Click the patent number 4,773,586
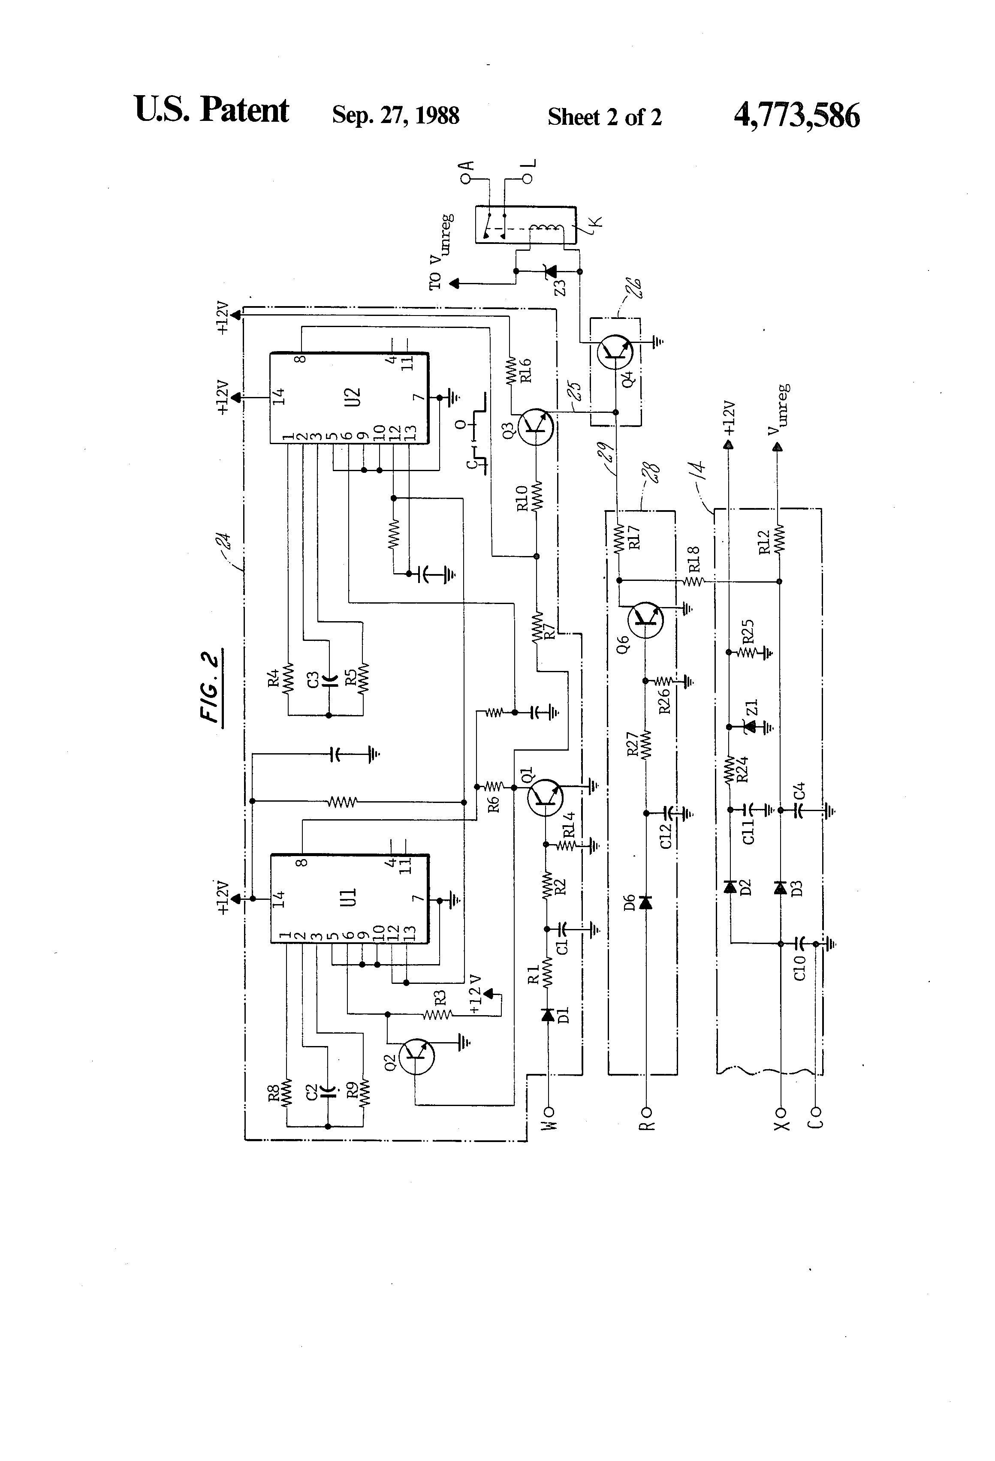point(796,116)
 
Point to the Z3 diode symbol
point(550,272)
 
